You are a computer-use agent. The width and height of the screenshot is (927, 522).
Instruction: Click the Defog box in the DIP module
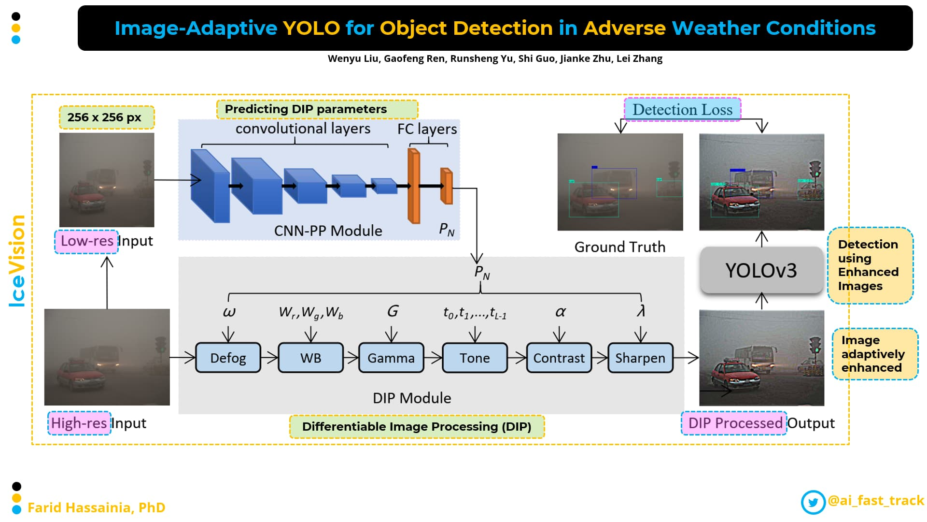point(228,358)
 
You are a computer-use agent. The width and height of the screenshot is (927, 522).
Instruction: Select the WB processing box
point(310,358)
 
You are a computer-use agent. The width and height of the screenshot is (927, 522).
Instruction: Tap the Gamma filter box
point(391,358)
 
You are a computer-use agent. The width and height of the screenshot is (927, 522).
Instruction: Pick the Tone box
point(475,358)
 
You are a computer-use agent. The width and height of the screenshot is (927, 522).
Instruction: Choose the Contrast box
point(559,358)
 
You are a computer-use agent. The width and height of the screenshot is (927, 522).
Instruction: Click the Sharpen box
point(640,358)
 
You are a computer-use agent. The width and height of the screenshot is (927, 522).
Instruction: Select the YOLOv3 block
point(761,270)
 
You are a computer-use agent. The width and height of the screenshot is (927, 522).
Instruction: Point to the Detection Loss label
point(682,110)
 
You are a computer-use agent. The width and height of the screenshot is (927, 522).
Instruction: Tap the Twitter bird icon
point(813,502)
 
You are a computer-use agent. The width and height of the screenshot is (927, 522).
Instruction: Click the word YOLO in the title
point(311,28)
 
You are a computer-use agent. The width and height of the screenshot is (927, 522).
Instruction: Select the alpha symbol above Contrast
point(560,312)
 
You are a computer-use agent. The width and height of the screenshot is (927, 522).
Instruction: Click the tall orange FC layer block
point(414,186)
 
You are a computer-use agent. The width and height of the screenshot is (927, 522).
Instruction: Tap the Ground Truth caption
point(619,247)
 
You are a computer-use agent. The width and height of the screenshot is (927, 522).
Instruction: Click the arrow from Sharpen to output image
point(686,358)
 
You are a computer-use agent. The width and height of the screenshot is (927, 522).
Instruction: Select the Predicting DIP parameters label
point(306,109)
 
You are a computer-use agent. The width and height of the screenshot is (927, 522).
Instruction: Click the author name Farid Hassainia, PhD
point(96,507)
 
